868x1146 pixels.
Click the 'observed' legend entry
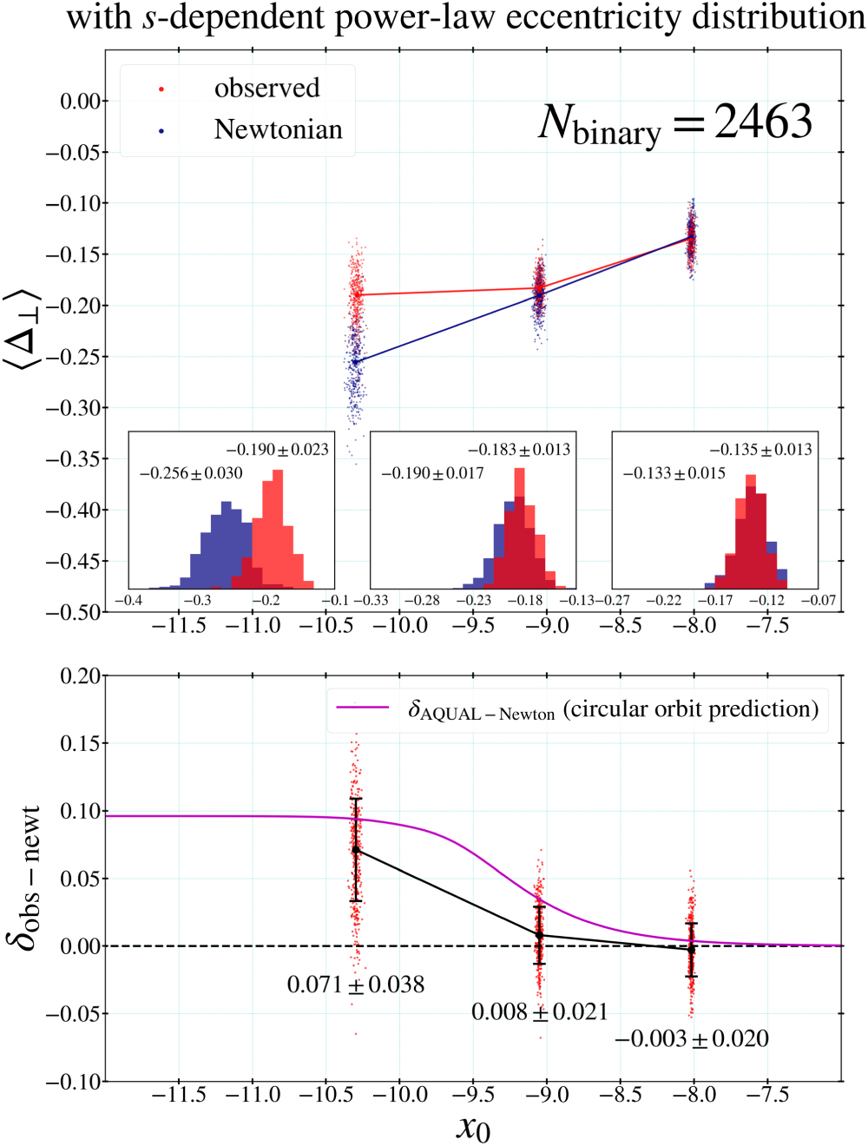pyautogui.click(x=266, y=89)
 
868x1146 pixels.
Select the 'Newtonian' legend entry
pyautogui.click(x=278, y=129)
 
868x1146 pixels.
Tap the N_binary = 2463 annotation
pyautogui.click(x=675, y=122)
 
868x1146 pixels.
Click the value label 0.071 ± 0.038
pyautogui.click(x=356, y=985)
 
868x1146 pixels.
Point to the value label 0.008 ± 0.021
pyautogui.click(x=539, y=1011)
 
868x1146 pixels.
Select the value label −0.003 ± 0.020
pyautogui.click(x=692, y=1038)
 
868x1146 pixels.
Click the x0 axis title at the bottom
pyautogui.click(x=473, y=1127)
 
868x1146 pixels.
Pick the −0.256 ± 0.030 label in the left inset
pyautogui.click(x=191, y=473)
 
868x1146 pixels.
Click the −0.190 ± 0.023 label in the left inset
pyautogui.click(x=278, y=450)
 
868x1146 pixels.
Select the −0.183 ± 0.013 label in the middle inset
pyautogui.click(x=519, y=450)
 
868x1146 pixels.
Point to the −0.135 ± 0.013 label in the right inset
pyautogui.click(x=760, y=450)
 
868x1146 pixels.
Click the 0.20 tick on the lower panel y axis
pyautogui.click(x=80, y=676)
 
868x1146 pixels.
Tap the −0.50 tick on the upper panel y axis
pyautogui.click(x=74, y=612)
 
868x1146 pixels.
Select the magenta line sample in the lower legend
pyautogui.click(x=363, y=708)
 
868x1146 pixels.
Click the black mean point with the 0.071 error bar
pyautogui.click(x=356, y=849)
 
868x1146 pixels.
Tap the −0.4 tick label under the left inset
pyautogui.click(x=128, y=600)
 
